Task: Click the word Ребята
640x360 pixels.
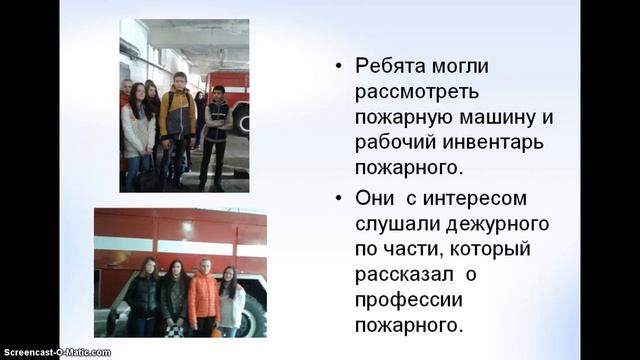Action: point(391,67)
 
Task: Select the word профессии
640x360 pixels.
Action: point(409,299)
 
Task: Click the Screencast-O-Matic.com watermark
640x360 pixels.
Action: point(56,352)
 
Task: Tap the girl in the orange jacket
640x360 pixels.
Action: point(203,298)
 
